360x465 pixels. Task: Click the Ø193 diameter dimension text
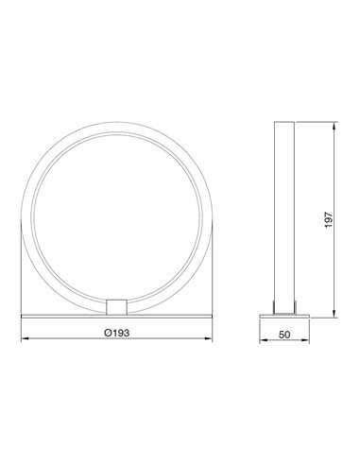pyautogui.click(x=118, y=333)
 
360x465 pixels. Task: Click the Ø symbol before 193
pyautogui.click(x=110, y=333)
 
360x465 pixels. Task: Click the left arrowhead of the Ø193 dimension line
pyautogui.click(x=24, y=340)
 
